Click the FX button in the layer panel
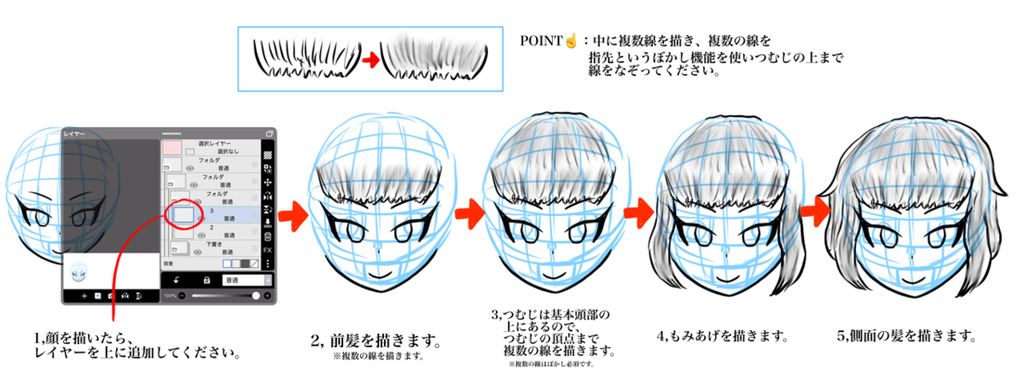[x=267, y=250]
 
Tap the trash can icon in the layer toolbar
[x=267, y=236]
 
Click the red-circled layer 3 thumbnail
[x=182, y=214]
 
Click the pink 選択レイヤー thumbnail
[x=173, y=146]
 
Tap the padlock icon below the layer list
[x=206, y=279]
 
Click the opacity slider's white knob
[x=256, y=295]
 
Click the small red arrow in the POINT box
[x=369, y=61]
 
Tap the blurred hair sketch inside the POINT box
[x=437, y=57]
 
